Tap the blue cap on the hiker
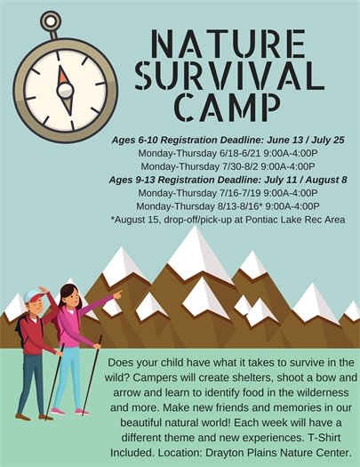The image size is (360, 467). tap(34, 294)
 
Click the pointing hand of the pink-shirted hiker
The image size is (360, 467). tap(117, 294)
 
